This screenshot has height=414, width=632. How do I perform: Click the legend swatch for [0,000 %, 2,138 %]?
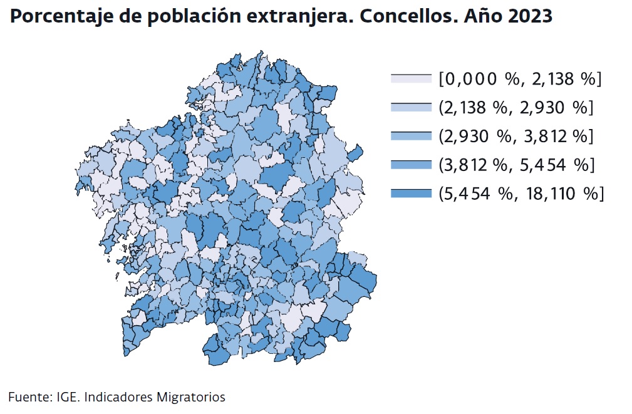(x=411, y=79)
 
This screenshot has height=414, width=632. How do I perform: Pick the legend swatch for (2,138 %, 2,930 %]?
(x=411, y=108)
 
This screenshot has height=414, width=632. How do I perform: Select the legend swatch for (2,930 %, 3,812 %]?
(x=411, y=136)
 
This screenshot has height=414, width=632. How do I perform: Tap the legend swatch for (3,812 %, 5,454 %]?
(x=411, y=165)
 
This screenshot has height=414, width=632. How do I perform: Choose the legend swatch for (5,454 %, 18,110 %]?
(x=411, y=194)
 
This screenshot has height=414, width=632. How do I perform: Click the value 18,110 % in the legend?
(x=558, y=194)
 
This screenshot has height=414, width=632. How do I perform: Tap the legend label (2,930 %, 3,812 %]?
(x=515, y=136)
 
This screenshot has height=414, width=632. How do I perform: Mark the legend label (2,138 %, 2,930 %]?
(x=515, y=108)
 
